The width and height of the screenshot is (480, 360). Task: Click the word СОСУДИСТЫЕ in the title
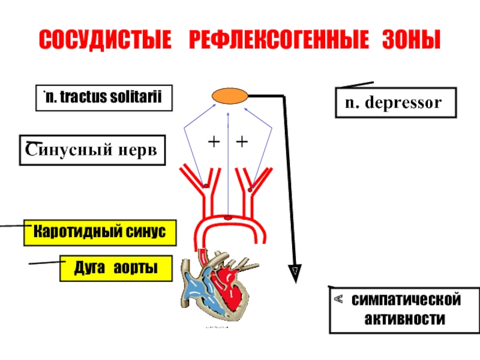pyautogui.click(x=105, y=40)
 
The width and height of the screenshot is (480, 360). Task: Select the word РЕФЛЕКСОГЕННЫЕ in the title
pyautogui.click(x=279, y=40)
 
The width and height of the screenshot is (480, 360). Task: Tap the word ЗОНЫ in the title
pyautogui.click(x=412, y=40)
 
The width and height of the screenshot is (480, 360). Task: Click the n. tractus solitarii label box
pyautogui.click(x=104, y=98)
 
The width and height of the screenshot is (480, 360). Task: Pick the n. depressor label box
pyautogui.click(x=396, y=103)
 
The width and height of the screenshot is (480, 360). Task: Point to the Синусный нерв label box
pyautogui.click(x=92, y=150)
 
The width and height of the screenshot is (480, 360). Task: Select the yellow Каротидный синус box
pyautogui.click(x=100, y=233)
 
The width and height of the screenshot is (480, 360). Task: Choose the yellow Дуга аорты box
pyautogui.click(x=116, y=268)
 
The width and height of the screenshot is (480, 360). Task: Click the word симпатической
pyautogui.click(x=406, y=299)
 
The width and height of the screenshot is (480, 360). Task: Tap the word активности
pyautogui.click(x=404, y=319)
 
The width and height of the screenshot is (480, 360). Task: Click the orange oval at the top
pyautogui.click(x=230, y=96)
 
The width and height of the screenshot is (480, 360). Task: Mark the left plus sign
pyautogui.click(x=214, y=142)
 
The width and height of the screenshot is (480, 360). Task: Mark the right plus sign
pyautogui.click(x=242, y=142)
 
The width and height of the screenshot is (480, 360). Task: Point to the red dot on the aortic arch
pyautogui.click(x=228, y=218)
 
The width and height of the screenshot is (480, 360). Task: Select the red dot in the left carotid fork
pyautogui.click(x=206, y=186)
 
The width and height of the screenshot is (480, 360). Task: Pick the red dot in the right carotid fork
pyautogui.click(x=250, y=190)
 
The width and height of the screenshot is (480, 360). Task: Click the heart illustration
pyautogui.click(x=219, y=286)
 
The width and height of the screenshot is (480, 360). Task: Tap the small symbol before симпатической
pyautogui.click(x=338, y=299)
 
